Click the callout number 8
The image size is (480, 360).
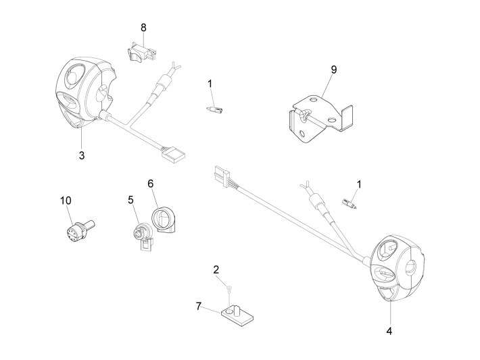[143, 27]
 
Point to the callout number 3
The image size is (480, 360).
[82, 155]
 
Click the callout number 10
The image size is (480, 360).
[65, 200]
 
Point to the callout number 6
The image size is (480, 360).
[151, 183]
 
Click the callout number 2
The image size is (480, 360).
[216, 269]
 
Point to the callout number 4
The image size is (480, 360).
[389, 331]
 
